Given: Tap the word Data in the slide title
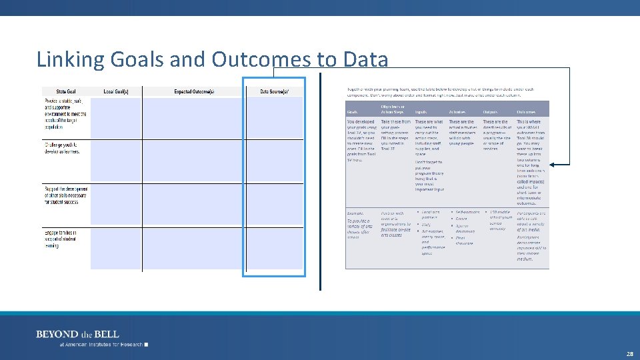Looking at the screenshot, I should [x=365, y=59].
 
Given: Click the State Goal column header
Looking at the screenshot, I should [x=66, y=91].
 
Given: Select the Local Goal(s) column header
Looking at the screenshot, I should [x=116, y=91].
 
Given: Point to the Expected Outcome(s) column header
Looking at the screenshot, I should [x=194, y=91].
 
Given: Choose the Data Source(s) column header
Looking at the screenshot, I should [x=274, y=91].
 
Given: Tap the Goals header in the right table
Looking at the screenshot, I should [x=353, y=112].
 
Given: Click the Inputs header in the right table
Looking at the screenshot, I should [x=421, y=112].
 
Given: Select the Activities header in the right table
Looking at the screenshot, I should [x=457, y=112].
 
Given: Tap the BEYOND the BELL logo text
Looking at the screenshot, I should [x=77, y=334].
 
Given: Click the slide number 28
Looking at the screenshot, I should [x=630, y=355].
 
